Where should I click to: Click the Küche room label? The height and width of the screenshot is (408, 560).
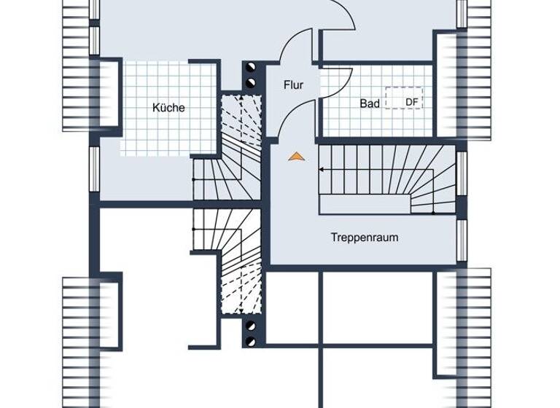point(168,108)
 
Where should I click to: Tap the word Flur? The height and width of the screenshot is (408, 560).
point(293,85)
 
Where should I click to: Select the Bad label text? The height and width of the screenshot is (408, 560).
point(370,103)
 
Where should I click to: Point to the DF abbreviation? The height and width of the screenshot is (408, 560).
point(412,102)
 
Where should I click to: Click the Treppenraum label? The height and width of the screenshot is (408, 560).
point(365,238)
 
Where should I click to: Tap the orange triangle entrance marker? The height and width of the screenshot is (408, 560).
point(295,155)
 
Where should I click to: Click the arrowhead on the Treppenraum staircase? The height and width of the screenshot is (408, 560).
point(322,170)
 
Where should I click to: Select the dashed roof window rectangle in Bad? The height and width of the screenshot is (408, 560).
point(404,98)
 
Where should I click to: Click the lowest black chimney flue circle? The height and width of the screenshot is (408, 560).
point(252,340)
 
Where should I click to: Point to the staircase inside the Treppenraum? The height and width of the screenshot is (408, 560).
point(386,178)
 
